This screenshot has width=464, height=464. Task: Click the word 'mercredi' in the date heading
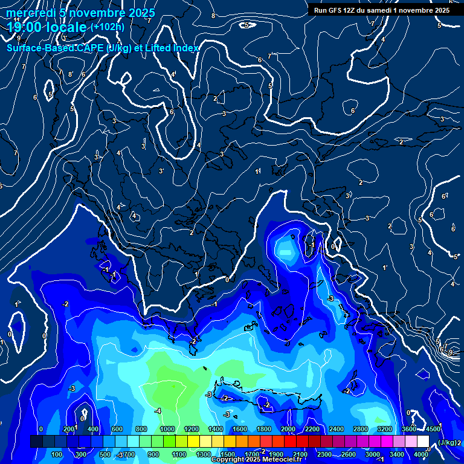click(30, 13)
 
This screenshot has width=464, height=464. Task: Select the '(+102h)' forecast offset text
click(107, 26)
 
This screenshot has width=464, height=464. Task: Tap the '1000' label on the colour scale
click(167, 429)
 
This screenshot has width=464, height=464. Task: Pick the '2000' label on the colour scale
click(288, 429)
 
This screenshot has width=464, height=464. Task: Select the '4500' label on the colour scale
click(433, 429)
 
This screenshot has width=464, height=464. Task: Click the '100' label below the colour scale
click(57, 454)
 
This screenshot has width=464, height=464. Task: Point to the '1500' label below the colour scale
click(228, 454)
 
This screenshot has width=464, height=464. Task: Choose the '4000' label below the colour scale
click(421, 454)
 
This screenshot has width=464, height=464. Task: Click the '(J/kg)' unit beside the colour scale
click(447, 443)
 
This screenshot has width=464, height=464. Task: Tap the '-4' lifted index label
click(158, 411)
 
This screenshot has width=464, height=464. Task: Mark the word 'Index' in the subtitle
click(186, 48)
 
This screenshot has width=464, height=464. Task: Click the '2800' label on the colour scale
click(361, 429)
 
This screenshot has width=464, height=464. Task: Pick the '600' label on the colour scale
click(117, 429)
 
